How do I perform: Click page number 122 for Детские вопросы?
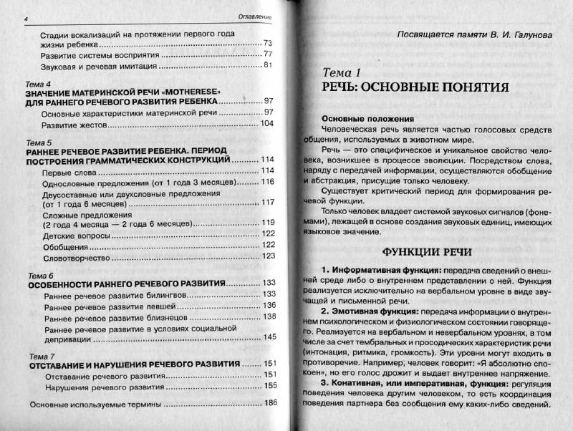click(268, 233)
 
